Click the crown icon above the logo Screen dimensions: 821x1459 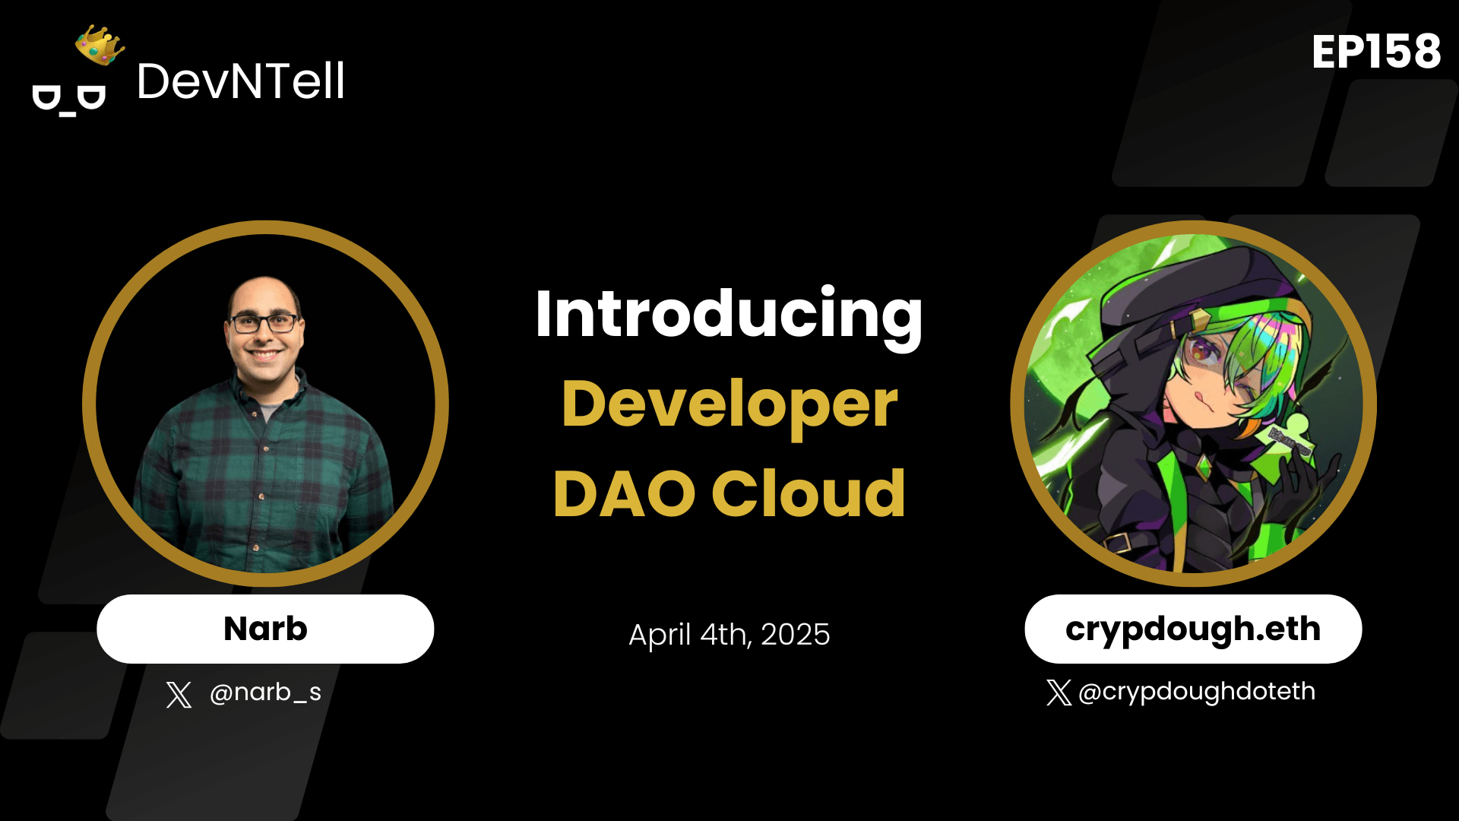click(100, 46)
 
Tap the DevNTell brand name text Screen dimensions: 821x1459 click(240, 81)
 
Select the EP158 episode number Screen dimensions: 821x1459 click(1375, 52)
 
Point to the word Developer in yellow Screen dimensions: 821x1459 click(729, 405)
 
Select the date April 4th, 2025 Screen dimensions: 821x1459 click(729, 634)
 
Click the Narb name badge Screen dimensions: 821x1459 click(265, 629)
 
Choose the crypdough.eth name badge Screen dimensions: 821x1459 click(1192, 629)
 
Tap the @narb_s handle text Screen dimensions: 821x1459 click(265, 692)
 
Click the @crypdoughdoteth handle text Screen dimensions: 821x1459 click(1196, 691)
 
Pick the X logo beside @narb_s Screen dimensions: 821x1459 click(179, 694)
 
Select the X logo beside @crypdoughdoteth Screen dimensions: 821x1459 click(1059, 693)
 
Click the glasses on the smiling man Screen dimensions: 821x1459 click(264, 323)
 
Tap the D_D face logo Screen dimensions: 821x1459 click(68, 100)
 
